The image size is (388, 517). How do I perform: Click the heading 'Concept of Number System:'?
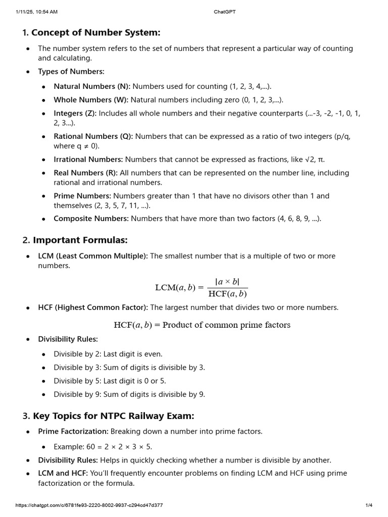pos(95,33)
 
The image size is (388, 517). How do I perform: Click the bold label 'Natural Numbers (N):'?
pos(92,86)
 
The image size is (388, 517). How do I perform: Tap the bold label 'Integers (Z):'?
pos(75,113)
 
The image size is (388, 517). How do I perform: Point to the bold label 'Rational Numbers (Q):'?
pos(93,136)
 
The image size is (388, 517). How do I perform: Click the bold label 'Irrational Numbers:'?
pos(88,160)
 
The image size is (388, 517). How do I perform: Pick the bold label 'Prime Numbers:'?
pos(82,196)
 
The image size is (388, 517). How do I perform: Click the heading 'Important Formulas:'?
pos(80,240)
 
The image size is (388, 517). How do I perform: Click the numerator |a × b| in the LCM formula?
pos(227,282)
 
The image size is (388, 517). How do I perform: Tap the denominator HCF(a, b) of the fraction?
pos(227,294)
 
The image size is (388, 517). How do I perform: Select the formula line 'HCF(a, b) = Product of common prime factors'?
pos(202,325)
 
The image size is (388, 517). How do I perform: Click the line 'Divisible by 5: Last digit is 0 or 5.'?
pos(110,381)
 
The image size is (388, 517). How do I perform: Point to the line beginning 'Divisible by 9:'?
pos(129,394)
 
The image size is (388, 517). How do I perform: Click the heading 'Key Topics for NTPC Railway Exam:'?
pos(114,416)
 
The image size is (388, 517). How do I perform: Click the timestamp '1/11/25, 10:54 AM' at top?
pos(36,12)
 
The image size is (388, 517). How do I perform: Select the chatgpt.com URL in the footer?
pos(89,505)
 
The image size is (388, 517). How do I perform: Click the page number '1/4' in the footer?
pos(369,505)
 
